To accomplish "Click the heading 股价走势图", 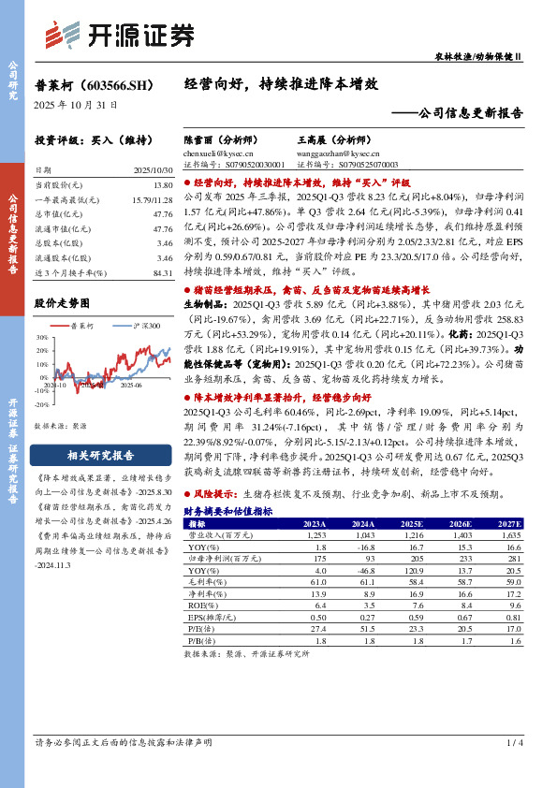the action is [x=63, y=303].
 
